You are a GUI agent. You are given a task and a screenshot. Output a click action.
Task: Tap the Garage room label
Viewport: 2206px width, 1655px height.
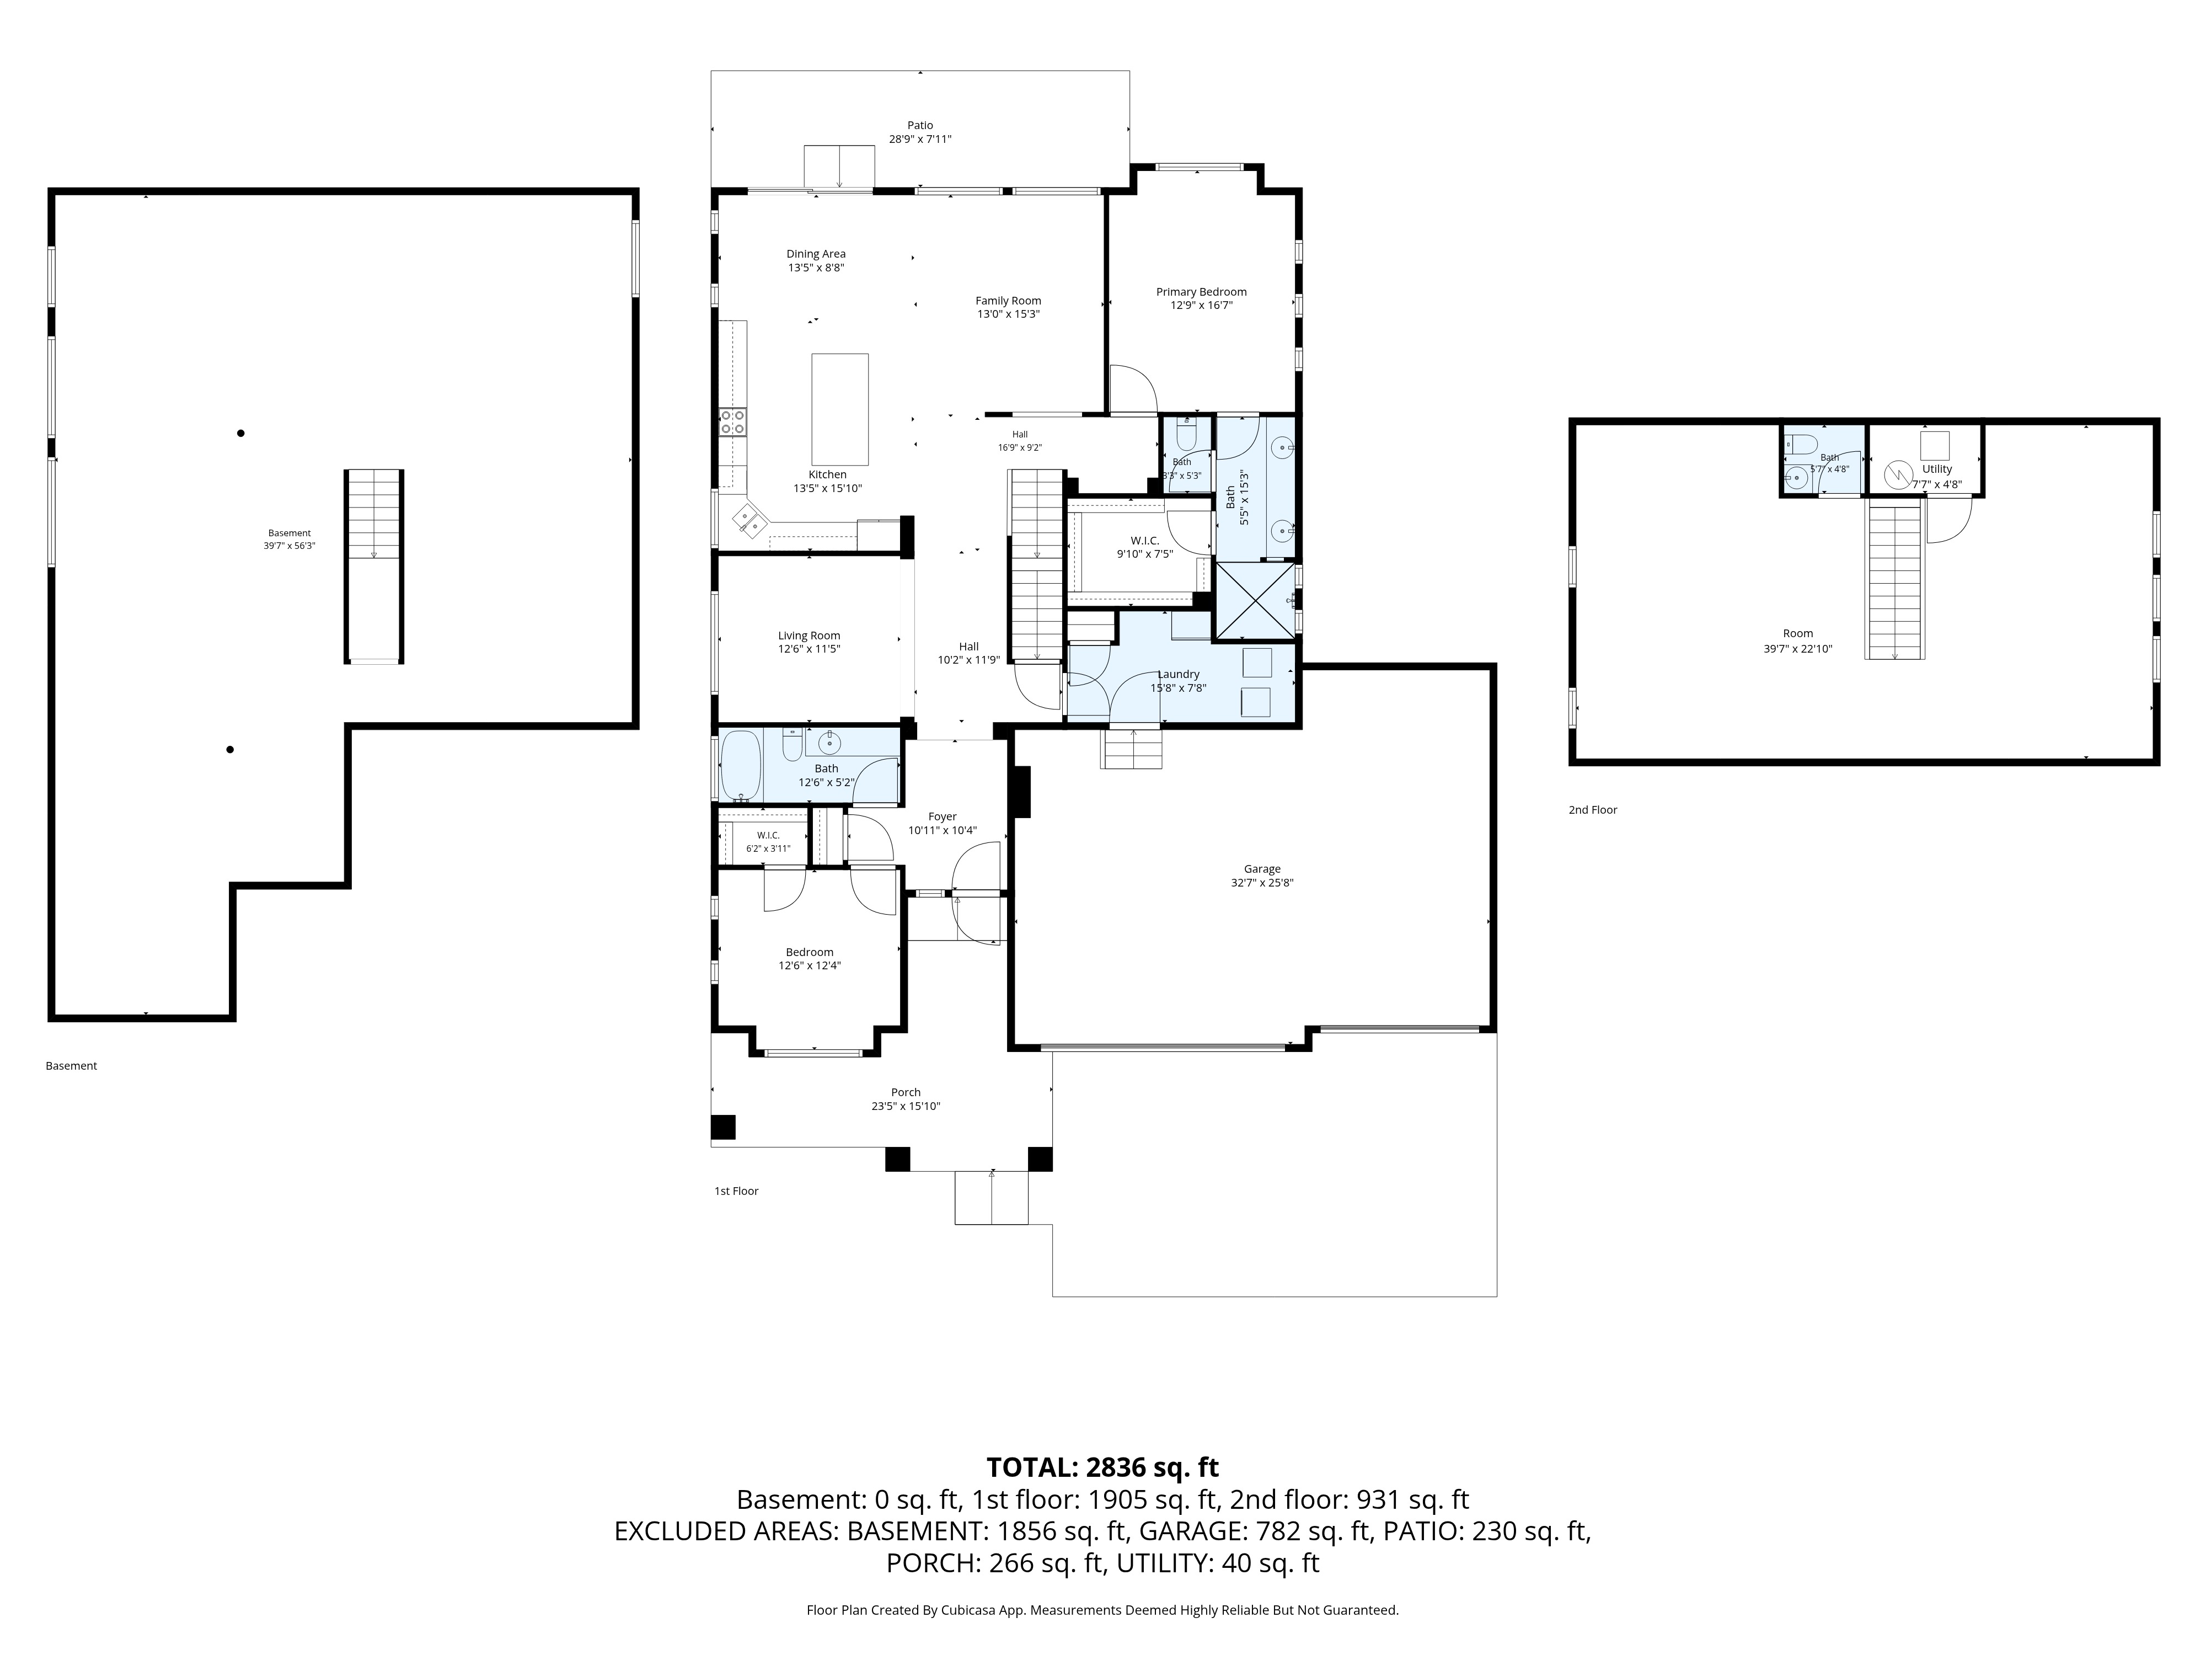click(1262, 869)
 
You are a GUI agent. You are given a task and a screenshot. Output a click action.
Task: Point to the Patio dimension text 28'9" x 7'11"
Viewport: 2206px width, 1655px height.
click(920, 140)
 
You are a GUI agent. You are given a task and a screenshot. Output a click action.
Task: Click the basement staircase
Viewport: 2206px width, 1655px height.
click(374, 565)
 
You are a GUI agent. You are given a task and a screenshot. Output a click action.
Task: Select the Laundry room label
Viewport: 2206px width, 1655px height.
click(1179, 674)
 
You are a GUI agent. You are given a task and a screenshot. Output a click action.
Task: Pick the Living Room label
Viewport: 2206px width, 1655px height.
click(809, 636)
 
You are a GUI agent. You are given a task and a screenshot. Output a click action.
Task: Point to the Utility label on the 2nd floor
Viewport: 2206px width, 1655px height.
click(1937, 469)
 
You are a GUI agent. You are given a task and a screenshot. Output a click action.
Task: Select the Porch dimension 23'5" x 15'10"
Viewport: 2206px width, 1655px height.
click(906, 1106)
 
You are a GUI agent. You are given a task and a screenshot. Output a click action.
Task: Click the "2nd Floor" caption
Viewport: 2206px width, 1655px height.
click(1593, 810)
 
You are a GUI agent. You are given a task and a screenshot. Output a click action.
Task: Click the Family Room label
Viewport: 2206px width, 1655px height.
click(1008, 300)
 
